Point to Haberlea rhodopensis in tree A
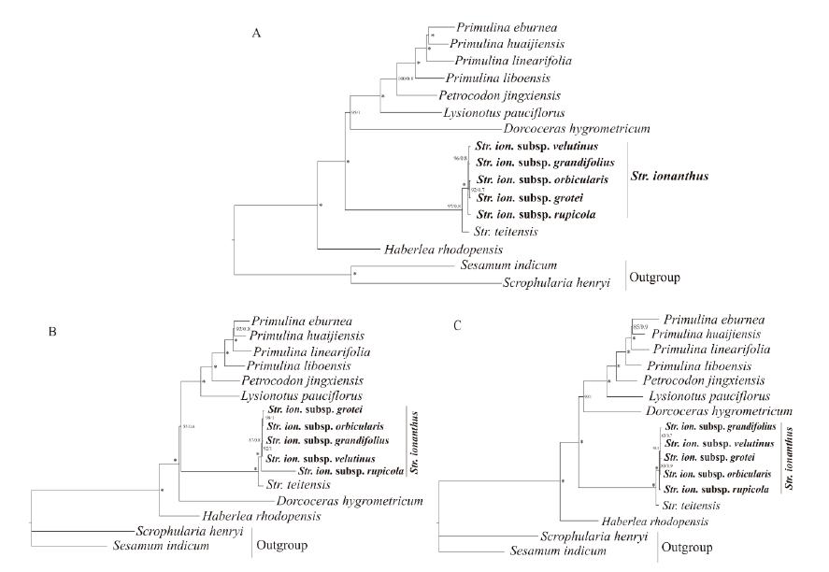point(444,250)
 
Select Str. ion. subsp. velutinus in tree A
point(536,147)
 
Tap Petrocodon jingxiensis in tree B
point(302,381)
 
